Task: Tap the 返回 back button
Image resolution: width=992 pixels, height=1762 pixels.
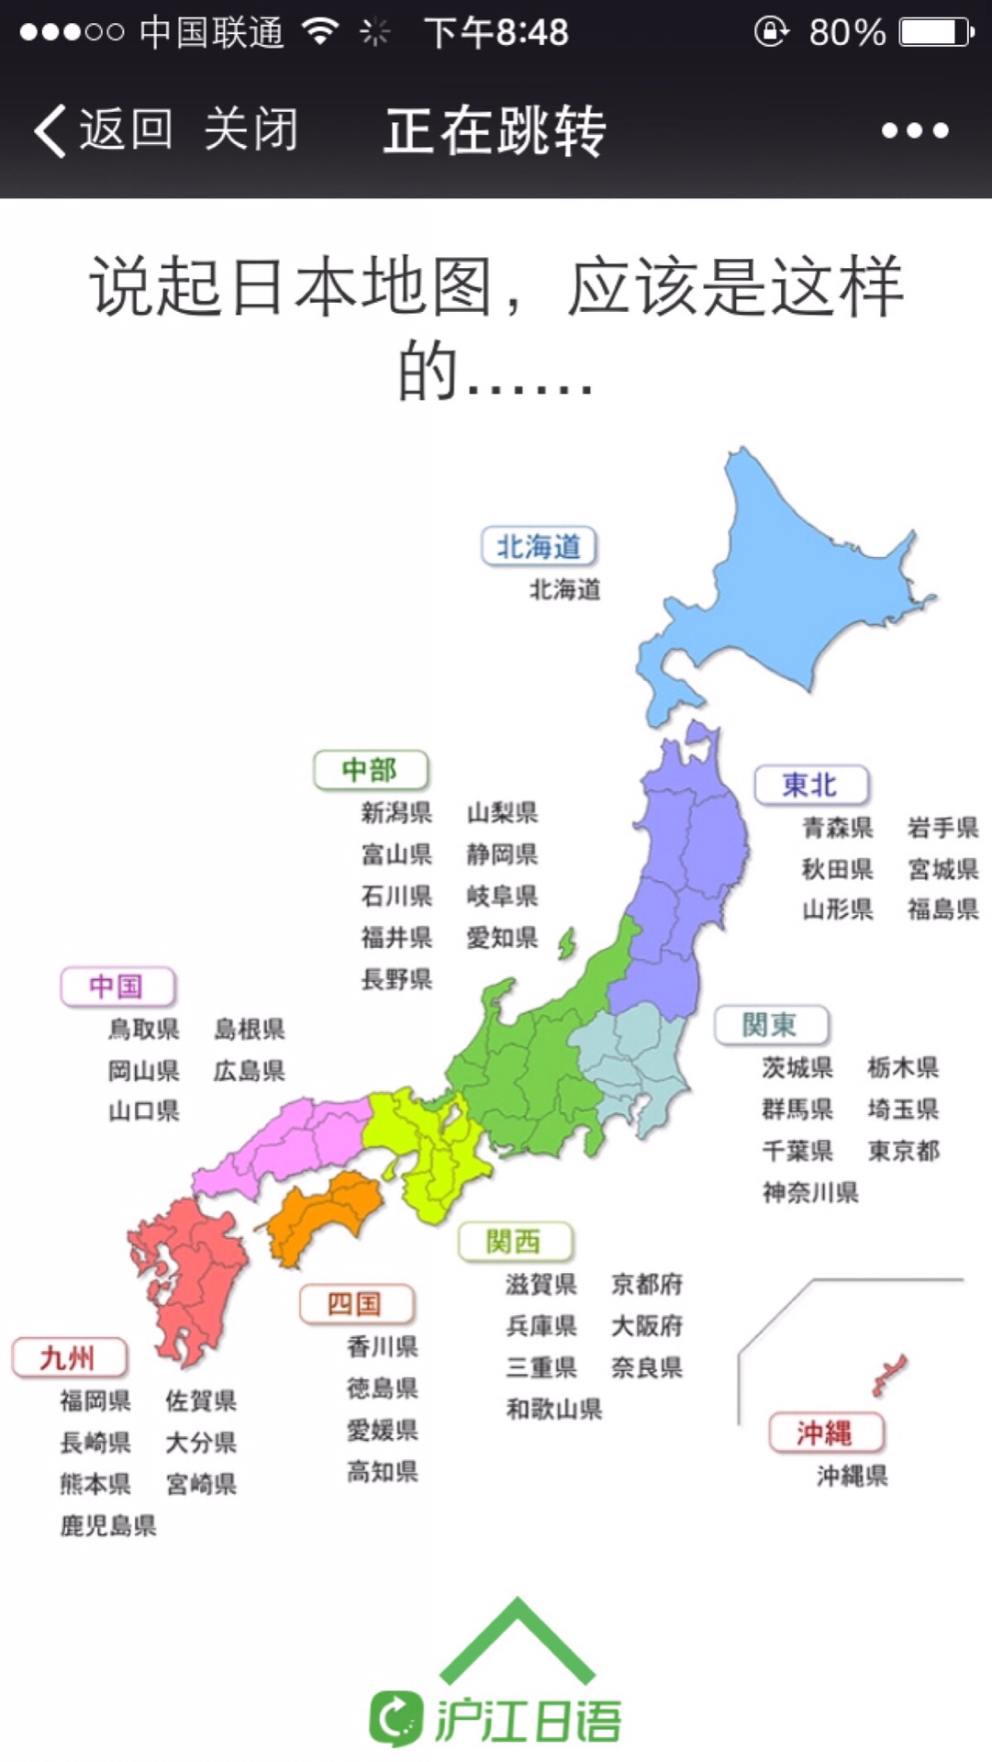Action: point(103,129)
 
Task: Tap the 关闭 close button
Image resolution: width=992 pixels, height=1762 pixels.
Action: point(251,129)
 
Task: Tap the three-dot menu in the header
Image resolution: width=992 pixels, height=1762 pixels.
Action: point(914,130)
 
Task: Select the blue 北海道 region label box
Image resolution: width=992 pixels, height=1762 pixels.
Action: point(539,547)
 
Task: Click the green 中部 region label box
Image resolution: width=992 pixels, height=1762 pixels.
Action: point(371,770)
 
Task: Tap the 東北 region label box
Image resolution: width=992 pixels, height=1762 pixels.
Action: point(810,786)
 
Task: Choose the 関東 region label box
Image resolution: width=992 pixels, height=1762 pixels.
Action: point(771,1025)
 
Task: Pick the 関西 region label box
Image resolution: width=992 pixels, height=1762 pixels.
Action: point(515,1243)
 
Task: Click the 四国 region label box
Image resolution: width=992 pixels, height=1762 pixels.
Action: point(356,1304)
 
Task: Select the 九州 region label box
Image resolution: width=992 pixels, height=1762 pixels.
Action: point(69,1357)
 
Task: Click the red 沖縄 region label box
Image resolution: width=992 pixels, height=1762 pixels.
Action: point(826,1433)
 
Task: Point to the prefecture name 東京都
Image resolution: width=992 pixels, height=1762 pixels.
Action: point(904,1151)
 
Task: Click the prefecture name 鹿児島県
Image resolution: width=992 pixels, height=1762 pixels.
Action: point(108,1525)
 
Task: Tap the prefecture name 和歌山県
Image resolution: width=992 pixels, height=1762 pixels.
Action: point(554,1409)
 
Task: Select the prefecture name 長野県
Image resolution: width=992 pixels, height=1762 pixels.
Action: point(396,979)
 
